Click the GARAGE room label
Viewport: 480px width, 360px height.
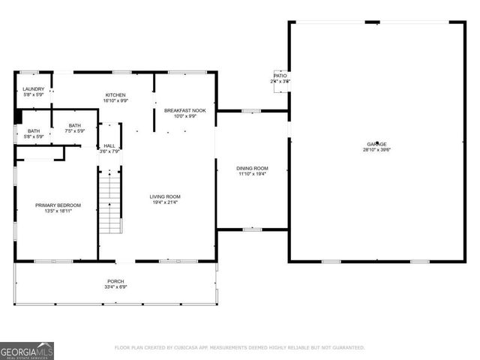376,143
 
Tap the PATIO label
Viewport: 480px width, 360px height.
280,76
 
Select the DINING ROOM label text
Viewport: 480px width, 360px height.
253,168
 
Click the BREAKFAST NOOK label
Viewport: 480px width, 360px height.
184,110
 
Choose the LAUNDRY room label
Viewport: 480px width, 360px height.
33,89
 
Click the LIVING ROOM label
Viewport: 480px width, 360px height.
165,196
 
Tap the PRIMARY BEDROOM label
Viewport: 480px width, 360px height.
58,205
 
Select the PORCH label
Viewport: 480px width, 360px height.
115,281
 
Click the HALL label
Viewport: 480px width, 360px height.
109,145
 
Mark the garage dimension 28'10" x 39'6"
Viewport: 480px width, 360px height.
376,149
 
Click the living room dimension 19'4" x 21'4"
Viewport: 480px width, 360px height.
165,202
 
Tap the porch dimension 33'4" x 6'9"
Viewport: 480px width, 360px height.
115,287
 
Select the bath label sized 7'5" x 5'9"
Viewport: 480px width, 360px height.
75,131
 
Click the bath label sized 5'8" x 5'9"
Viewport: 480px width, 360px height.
34,136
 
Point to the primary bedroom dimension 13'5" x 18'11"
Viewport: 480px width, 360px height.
58,211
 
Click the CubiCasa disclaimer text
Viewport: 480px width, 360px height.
239,348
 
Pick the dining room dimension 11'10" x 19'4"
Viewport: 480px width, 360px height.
253,174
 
